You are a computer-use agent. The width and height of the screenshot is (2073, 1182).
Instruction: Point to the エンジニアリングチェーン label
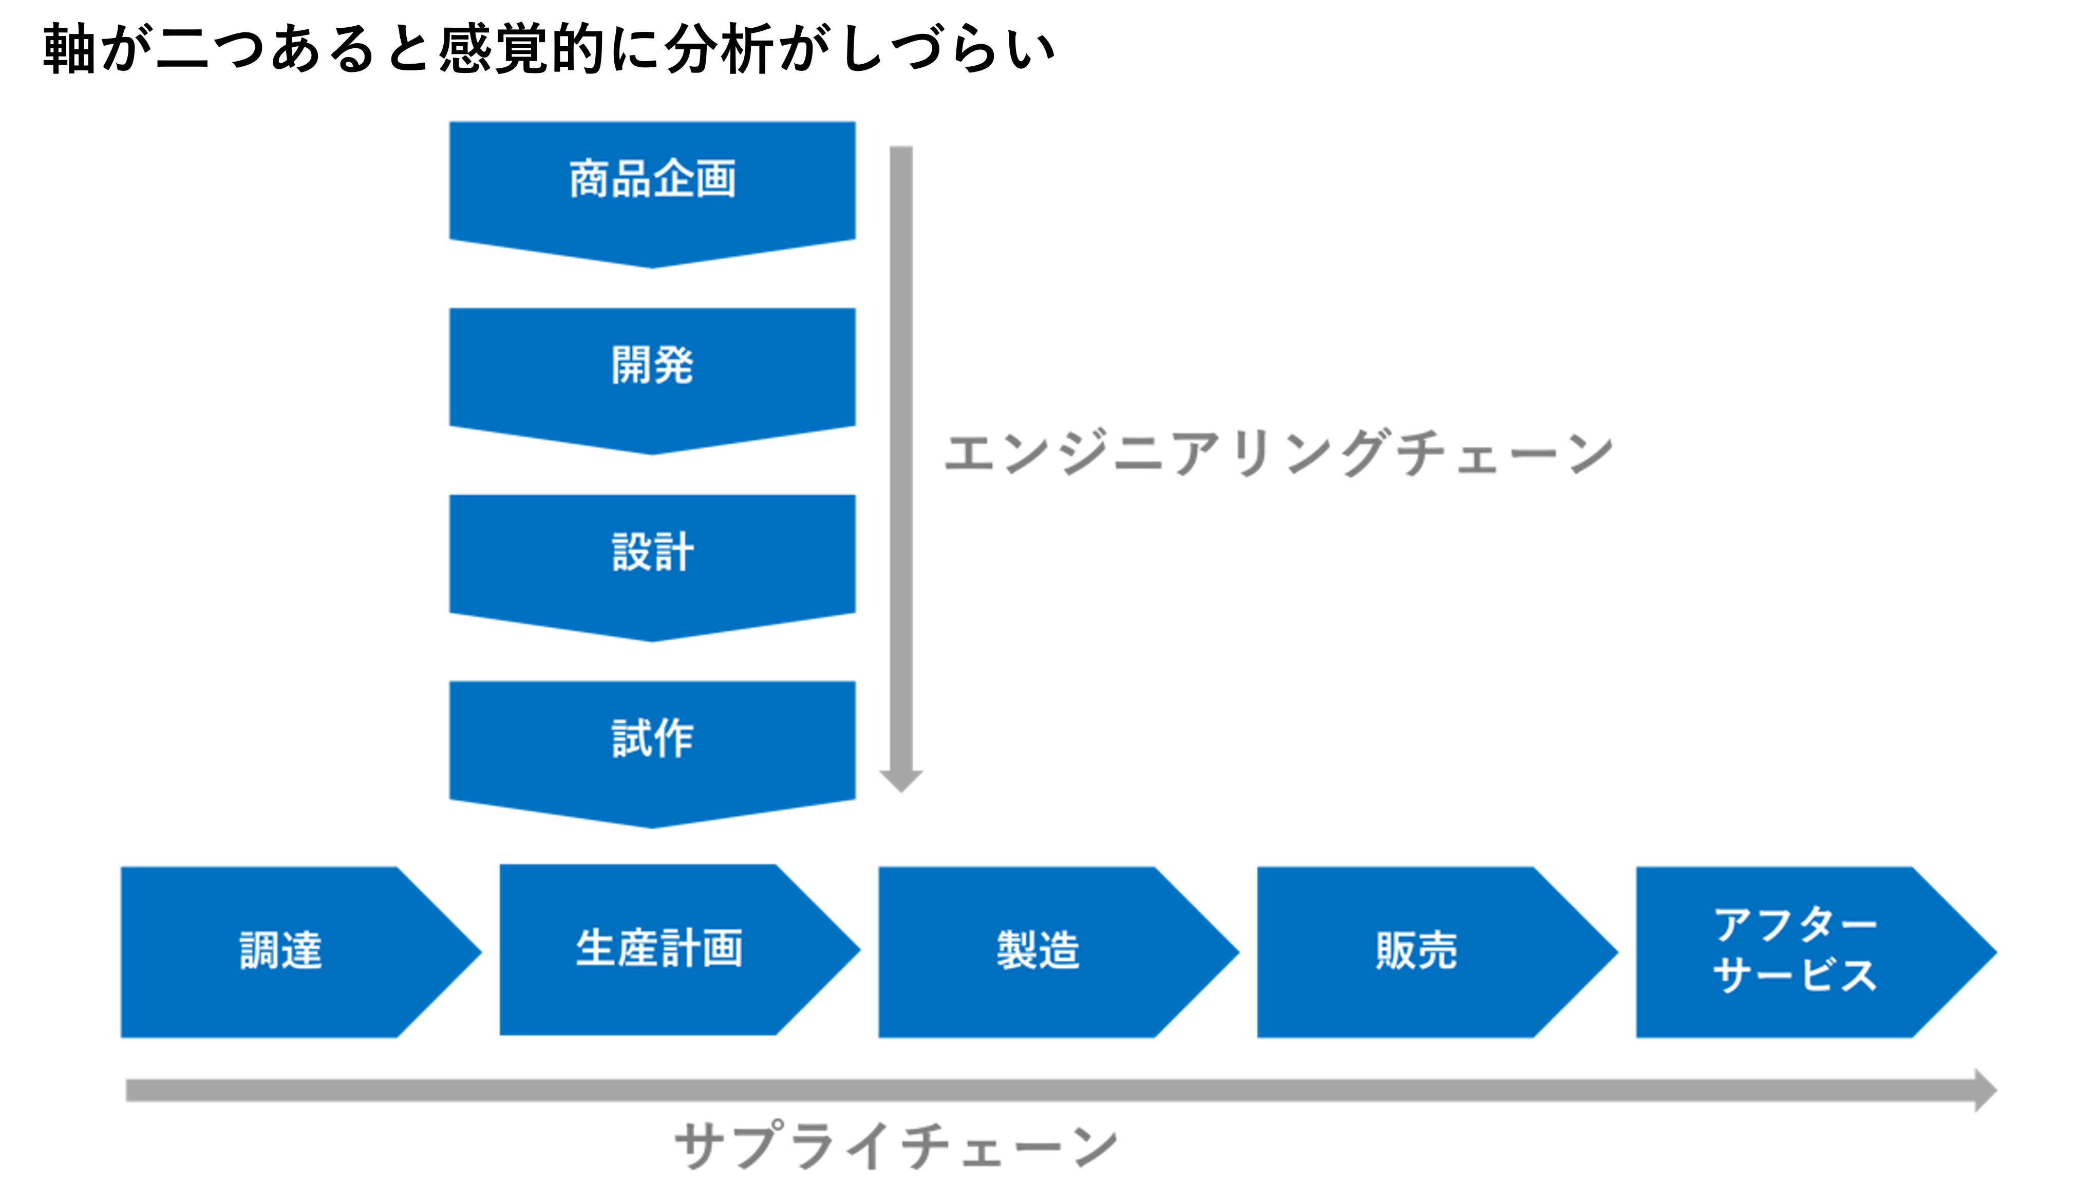pyautogui.click(x=1278, y=453)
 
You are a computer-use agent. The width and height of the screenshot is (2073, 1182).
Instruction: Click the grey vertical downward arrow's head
pyautogui.click(x=901, y=779)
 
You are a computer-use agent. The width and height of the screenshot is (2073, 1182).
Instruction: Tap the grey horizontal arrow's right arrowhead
pyautogui.click(x=1985, y=1090)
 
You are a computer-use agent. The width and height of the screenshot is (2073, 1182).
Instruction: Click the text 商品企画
pyautogui.click(x=652, y=179)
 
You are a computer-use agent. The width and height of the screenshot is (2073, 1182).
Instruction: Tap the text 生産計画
pyautogui.click(x=659, y=948)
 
